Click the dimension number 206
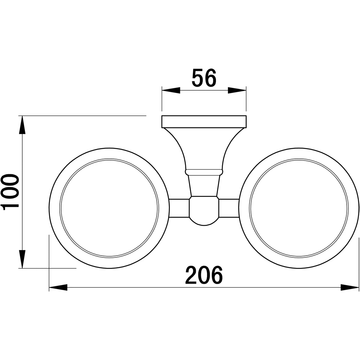coord(204,275)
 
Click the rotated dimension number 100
coord(10,192)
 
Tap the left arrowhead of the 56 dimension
coord(171,90)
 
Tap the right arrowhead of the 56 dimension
coord(237,90)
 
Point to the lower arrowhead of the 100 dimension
coord(22,259)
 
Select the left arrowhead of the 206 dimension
coord(58,287)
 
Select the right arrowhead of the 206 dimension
coord(350,287)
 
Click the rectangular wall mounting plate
coord(204,122)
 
